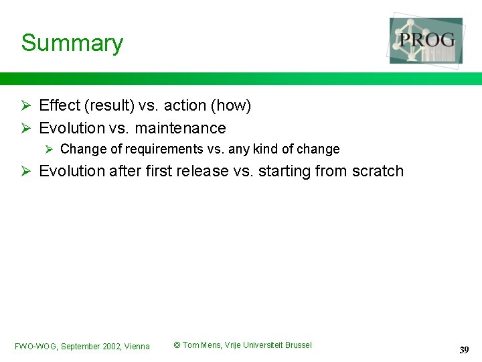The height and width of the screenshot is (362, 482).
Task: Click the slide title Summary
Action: pyautogui.click(x=72, y=43)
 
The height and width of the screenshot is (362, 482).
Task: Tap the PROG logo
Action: pyautogui.click(x=426, y=40)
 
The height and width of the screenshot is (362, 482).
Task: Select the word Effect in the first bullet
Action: pyautogui.click(x=60, y=106)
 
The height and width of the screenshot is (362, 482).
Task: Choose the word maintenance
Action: pyautogui.click(x=180, y=128)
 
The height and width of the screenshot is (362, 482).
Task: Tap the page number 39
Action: pyautogui.click(x=464, y=350)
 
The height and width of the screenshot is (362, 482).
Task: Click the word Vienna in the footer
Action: pyautogui.click(x=137, y=347)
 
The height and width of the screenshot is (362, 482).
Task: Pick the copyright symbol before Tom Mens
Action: pyautogui.click(x=177, y=345)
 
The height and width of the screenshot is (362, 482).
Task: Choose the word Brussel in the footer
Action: pyautogui.click(x=299, y=345)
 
